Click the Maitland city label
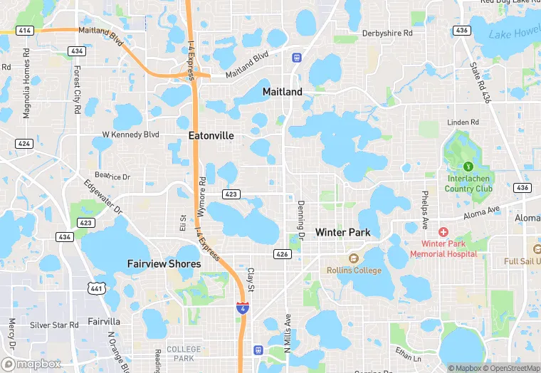click(282, 92)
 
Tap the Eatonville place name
click(211, 135)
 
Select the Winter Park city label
click(342, 233)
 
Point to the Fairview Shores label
click(164, 263)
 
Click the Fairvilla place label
click(104, 321)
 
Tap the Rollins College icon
click(352, 258)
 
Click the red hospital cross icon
click(443, 233)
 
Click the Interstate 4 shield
click(243, 308)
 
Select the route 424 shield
click(24, 143)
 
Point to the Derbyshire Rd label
click(387, 33)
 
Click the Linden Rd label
click(463, 122)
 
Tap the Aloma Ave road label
click(482, 211)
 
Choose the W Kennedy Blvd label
click(130, 134)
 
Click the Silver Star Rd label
click(54, 325)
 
